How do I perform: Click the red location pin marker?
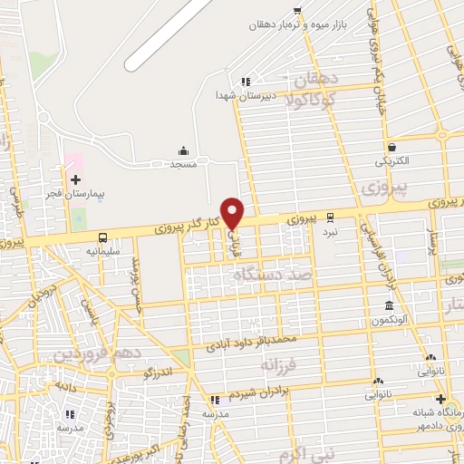pos(233,213)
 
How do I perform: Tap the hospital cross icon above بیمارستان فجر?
pos(75,179)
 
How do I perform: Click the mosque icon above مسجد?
pos(184,150)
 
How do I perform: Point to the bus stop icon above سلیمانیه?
pos(101,234)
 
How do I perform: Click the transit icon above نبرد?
pos(330,217)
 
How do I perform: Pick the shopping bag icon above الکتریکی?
pos(391,147)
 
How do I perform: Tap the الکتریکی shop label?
pos(391,161)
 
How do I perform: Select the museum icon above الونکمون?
pos(389,305)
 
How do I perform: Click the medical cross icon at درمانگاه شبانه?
pos(440,399)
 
